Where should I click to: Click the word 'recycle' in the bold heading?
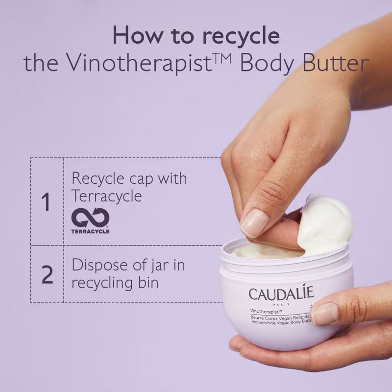pos(241,36)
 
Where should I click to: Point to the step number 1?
pos(46,202)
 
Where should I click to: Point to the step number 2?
pos(47,274)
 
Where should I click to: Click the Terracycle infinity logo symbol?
pos(90,218)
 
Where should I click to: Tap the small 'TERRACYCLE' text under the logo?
pos(90,231)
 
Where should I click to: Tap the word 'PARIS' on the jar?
pos(281,304)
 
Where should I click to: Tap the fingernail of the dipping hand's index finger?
pos(254,223)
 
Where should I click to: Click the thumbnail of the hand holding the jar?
pos(324,314)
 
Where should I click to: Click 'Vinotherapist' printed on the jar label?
pos(266,311)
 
